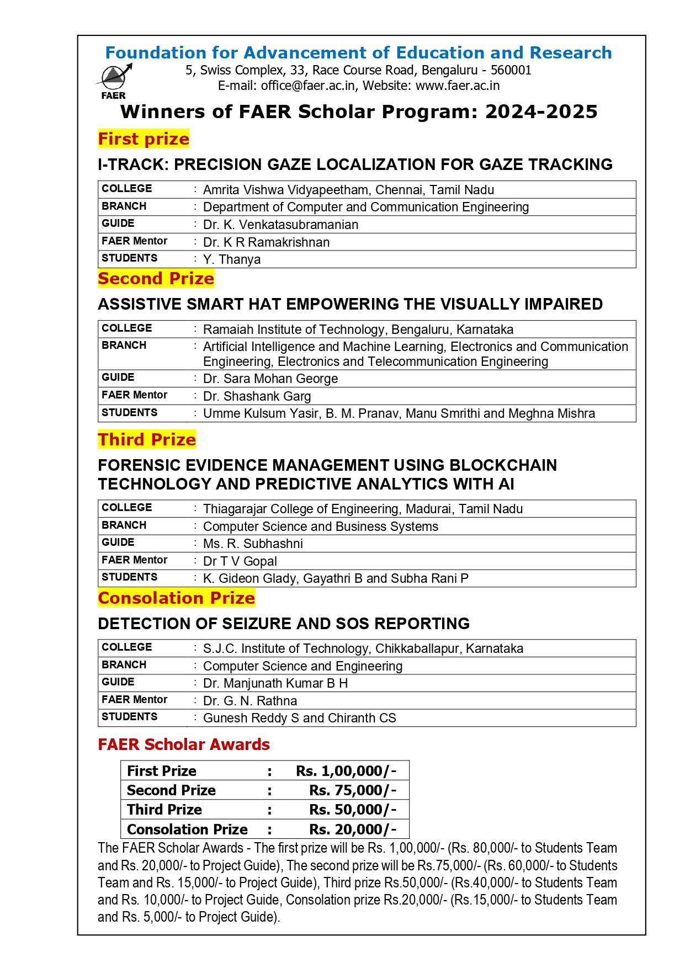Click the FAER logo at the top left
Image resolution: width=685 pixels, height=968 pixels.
coord(115,80)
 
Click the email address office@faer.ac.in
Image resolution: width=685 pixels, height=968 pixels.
coord(308,86)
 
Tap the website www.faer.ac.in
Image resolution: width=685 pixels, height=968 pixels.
coord(458,86)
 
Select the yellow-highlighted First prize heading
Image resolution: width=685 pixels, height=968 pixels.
coord(144,139)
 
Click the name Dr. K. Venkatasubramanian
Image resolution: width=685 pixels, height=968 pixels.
coord(280,225)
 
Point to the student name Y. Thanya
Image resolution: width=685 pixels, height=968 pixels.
coord(232,259)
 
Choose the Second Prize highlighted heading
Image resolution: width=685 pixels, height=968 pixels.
coord(156,278)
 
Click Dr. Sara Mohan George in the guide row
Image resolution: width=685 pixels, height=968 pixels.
coord(270,379)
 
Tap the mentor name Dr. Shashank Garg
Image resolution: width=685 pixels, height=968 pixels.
coord(257,396)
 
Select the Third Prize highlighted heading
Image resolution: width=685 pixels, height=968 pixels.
coord(147,439)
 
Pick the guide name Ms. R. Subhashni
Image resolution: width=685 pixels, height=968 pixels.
coord(253,544)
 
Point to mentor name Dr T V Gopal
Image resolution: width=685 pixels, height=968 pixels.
coord(240,561)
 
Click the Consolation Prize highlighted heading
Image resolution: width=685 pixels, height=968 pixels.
coord(177,598)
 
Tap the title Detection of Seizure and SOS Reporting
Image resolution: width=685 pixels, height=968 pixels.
coord(284,624)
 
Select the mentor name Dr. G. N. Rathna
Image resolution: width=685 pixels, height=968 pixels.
coord(250,701)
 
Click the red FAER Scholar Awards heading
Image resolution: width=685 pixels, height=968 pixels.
coord(184,744)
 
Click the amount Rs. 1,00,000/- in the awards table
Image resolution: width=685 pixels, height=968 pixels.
coord(346,771)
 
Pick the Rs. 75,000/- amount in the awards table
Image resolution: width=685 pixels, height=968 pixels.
coord(353,790)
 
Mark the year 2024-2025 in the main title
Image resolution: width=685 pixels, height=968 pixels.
coord(541,111)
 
